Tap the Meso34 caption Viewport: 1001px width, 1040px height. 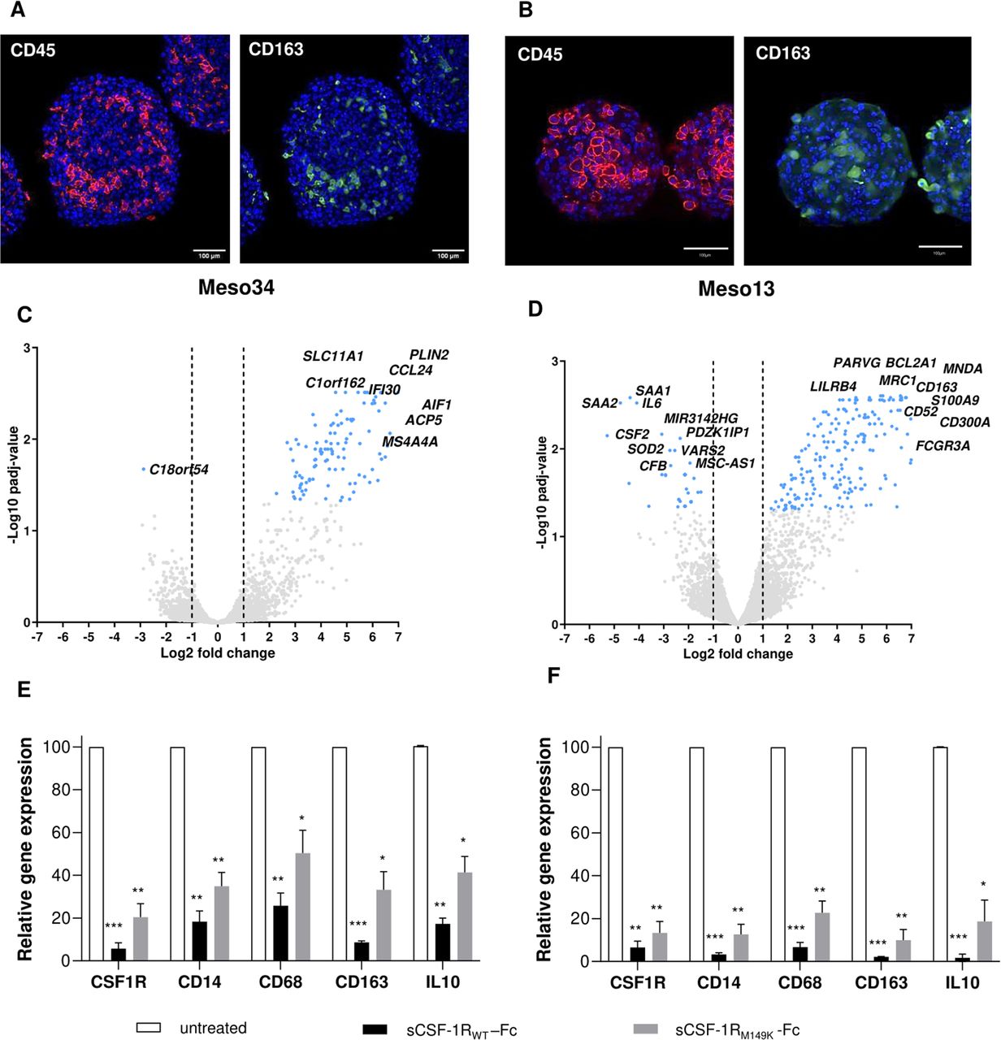tap(236, 288)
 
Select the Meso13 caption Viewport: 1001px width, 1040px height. tap(735, 288)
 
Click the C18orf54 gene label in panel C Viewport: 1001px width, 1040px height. tap(179, 470)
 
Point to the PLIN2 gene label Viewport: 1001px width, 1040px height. tap(428, 355)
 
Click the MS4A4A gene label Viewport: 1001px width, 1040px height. tap(409, 442)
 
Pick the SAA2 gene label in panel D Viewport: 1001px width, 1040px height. tap(600, 403)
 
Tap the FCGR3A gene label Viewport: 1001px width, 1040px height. tap(942, 446)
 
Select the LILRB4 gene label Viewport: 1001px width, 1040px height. tap(833, 386)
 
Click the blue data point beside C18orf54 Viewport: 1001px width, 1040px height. tap(144, 469)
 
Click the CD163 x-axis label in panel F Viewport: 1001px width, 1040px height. tap(881, 983)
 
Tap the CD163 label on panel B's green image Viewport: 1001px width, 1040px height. tap(782, 54)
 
